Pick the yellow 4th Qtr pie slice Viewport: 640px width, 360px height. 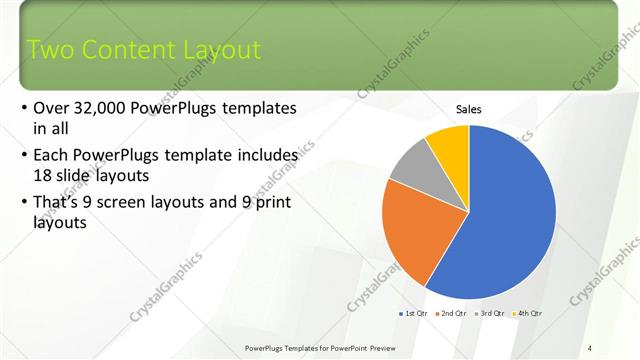pos(449,145)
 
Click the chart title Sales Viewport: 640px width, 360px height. pos(469,109)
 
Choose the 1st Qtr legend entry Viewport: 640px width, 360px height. pos(414,314)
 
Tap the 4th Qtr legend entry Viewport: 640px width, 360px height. pos(529,314)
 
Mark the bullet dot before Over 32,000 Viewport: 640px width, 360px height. pos(24,108)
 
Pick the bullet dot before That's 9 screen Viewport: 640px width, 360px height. pos(24,203)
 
